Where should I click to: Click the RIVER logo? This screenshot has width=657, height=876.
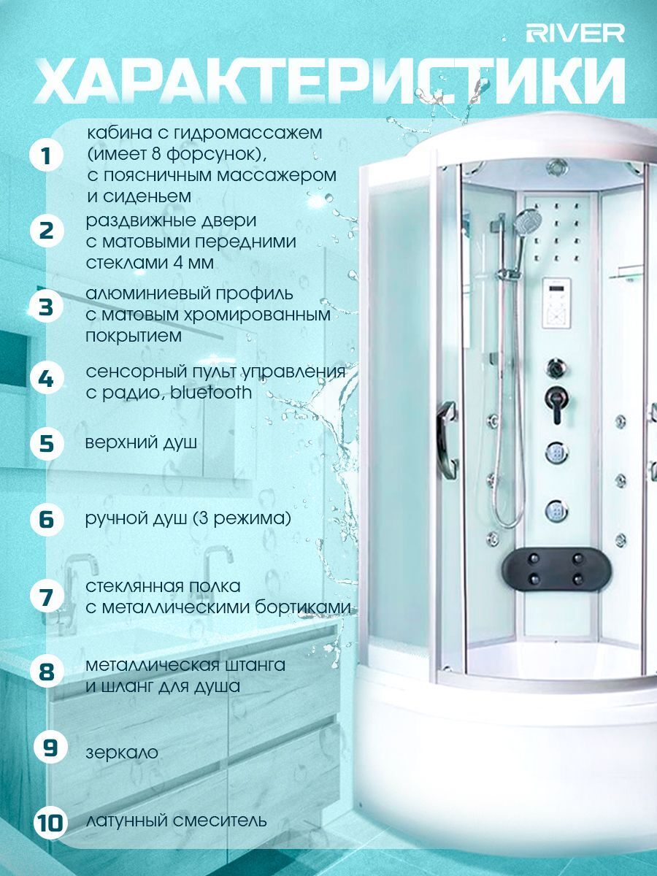(575, 33)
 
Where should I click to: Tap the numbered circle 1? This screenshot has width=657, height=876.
(47, 155)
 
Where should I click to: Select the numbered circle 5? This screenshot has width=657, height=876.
(47, 443)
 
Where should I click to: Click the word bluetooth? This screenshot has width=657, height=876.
(211, 393)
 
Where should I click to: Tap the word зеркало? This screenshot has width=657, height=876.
(122, 753)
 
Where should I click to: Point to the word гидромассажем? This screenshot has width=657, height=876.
(247, 134)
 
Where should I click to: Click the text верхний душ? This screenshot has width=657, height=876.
(141, 443)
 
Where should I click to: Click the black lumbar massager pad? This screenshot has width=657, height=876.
(557, 568)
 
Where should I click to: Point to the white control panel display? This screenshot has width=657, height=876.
(556, 304)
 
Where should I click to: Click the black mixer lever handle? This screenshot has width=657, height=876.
(557, 403)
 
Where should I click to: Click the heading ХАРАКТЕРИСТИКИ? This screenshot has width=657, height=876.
(329, 82)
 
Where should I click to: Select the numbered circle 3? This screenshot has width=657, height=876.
(47, 308)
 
